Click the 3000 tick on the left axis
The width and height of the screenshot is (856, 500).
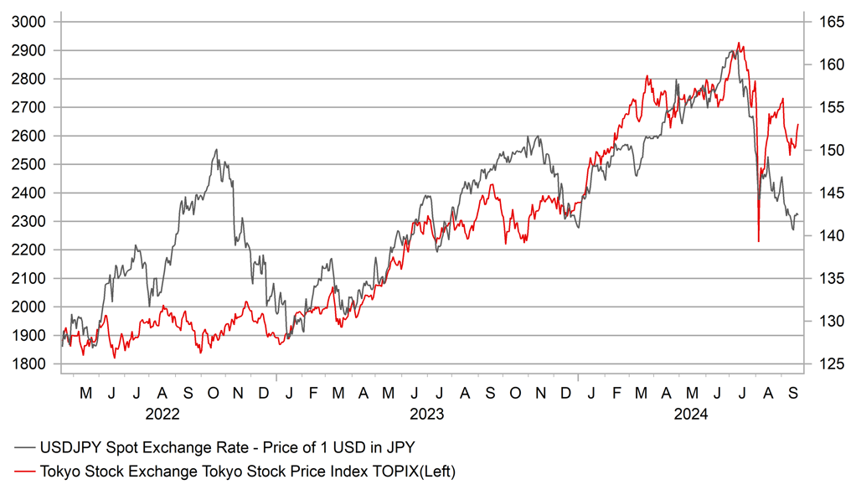point(34,22)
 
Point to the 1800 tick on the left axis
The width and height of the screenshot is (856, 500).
point(34,363)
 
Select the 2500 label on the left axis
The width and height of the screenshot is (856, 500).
point(34,164)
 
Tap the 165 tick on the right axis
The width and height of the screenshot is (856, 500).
point(823,22)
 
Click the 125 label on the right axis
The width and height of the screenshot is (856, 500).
point(823,363)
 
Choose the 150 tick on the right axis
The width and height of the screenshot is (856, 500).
point(823,150)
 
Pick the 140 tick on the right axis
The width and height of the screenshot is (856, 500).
point(823,235)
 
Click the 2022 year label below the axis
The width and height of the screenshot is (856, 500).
point(162,414)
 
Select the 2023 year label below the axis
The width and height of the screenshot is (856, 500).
point(426,414)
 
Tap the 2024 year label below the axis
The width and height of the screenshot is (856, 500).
point(691,414)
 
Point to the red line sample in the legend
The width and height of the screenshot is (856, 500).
point(25,472)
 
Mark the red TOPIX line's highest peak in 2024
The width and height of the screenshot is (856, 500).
point(738,43)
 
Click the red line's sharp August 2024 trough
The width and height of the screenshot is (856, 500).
point(758,242)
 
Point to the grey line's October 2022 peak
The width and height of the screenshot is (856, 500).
point(216,150)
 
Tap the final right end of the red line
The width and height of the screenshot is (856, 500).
point(798,124)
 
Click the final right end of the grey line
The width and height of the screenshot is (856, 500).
point(798,215)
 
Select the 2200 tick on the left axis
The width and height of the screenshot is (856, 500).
point(34,250)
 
